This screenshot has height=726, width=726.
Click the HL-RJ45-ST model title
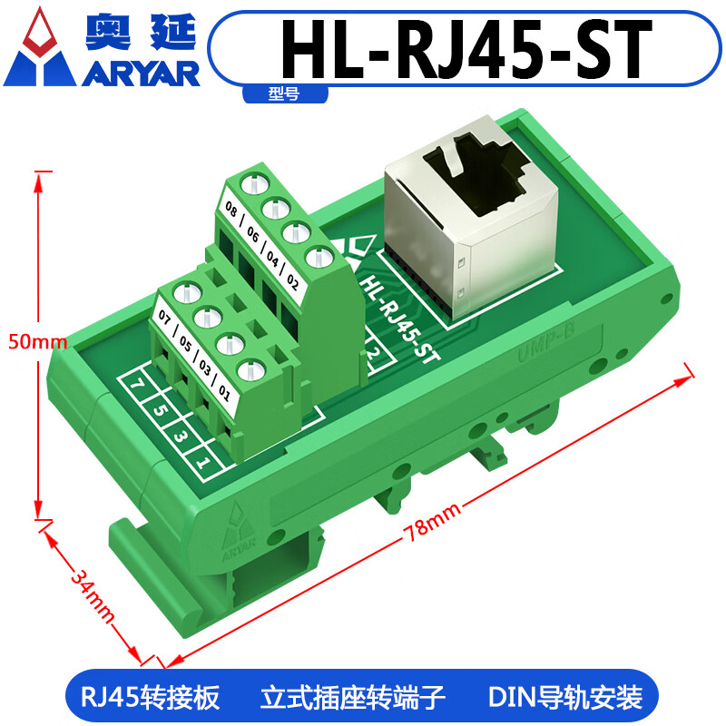tap(468, 47)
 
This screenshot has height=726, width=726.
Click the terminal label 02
tap(293, 279)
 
